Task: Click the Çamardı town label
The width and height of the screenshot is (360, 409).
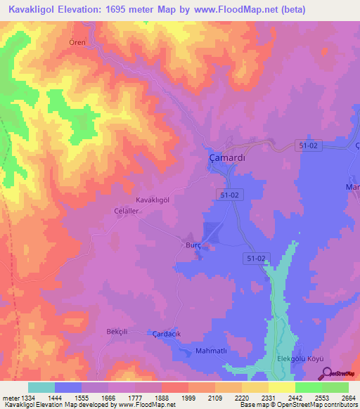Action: (227, 158)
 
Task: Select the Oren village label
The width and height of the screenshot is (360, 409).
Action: (77, 42)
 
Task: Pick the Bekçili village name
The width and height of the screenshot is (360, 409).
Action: (115, 330)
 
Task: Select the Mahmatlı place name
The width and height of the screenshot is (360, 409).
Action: (212, 350)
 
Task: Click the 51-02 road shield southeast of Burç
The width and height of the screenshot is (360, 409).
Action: (256, 259)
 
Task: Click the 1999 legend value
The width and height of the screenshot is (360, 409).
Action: (187, 398)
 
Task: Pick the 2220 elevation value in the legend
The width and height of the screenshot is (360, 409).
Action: (241, 398)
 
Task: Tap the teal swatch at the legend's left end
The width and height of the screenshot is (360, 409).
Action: (41, 387)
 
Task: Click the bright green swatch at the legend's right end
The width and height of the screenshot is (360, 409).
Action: (335, 387)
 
